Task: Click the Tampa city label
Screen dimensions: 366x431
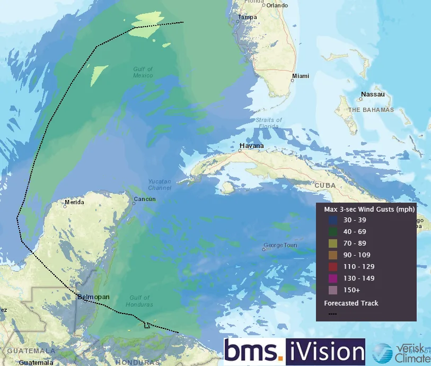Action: point(248,17)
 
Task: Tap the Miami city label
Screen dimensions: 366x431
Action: point(301,76)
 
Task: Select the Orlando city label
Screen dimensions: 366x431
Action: point(277,5)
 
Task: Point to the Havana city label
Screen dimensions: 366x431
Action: point(252,146)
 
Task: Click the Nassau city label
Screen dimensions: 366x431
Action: point(372,95)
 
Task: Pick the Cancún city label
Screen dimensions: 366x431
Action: point(145,199)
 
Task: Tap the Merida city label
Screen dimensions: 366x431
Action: point(74,202)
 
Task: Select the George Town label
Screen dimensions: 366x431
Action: point(280,246)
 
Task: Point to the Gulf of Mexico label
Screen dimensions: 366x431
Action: point(143,72)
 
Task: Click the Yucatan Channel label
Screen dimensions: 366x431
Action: point(160,185)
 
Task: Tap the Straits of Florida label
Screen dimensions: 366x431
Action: point(269,123)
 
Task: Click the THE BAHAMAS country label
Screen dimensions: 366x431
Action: point(371,110)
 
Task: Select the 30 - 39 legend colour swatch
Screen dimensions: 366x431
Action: point(332,220)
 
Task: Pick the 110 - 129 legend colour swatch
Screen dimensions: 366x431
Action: point(332,267)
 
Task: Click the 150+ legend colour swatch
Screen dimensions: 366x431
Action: point(332,290)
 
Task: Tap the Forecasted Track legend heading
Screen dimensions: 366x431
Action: point(351,303)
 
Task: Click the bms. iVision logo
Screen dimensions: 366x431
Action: point(294,352)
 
